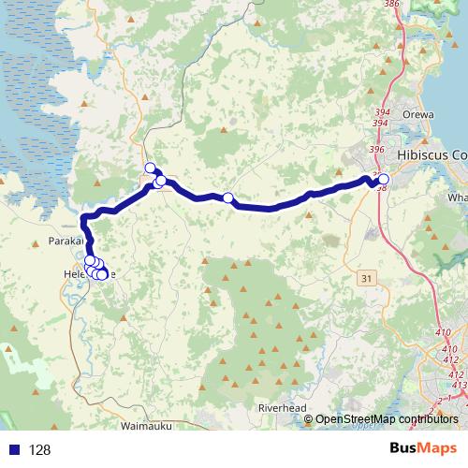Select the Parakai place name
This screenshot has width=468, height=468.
point(65,241)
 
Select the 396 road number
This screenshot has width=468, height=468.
point(377,150)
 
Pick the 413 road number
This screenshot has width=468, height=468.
point(459,383)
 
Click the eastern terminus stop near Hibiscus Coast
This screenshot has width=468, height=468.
point(383,179)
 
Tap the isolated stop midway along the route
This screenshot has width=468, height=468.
point(227,197)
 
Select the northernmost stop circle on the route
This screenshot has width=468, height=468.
point(150,168)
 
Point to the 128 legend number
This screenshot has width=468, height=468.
point(40,450)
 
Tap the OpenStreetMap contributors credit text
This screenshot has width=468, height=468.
point(387,419)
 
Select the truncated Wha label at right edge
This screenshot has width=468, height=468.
point(457,198)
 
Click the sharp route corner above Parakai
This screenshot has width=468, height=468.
point(85,219)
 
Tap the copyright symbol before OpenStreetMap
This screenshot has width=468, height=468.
point(309,419)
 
